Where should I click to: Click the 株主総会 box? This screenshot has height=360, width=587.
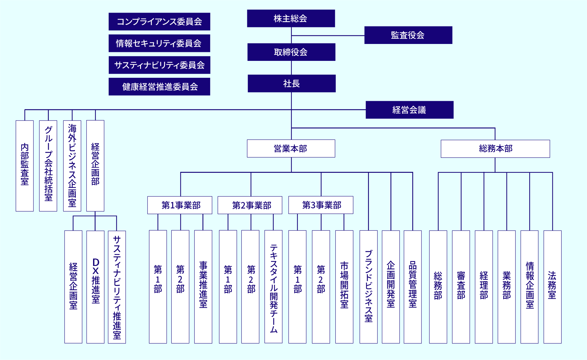(291, 18)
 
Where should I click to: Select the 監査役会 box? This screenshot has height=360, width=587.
(408, 35)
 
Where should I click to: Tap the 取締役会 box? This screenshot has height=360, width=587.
(291, 52)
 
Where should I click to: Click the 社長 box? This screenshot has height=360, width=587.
(292, 83)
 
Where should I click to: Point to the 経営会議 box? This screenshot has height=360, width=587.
(409, 110)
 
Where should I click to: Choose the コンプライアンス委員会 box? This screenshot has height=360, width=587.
(159, 22)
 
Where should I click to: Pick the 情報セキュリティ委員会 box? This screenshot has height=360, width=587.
(159, 43)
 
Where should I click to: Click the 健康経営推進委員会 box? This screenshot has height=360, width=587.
(159, 86)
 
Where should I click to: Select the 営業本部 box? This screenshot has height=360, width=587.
(291, 148)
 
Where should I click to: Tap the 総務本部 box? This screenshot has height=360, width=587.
(495, 149)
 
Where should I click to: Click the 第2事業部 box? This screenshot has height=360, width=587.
(250, 205)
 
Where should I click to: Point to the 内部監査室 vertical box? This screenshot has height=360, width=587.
(25, 166)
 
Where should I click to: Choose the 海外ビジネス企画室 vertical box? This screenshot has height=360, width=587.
(72, 166)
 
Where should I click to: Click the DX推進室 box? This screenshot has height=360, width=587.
(95, 287)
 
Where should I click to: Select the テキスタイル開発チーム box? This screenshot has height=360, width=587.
(273, 287)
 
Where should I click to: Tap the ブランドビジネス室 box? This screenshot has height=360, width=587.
(369, 287)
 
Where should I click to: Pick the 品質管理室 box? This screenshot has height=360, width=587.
(413, 287)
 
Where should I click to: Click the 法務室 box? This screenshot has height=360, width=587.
(552, 287)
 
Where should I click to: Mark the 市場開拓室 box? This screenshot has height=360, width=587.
(344, 287)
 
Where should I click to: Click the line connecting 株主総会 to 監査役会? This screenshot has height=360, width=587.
(328, 36)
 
